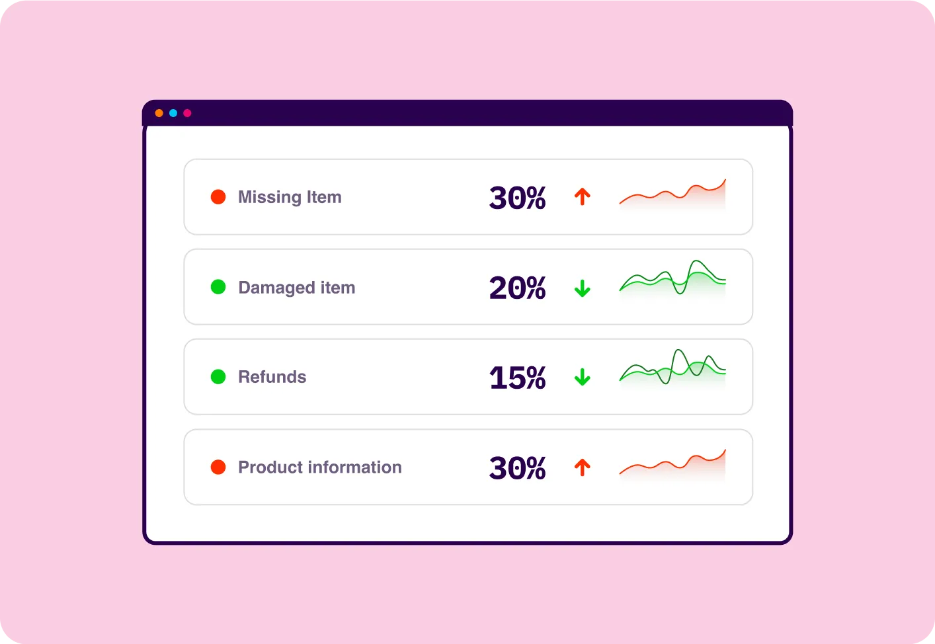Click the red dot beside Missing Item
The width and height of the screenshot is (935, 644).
(218, 197)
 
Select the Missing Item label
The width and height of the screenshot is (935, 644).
(290, 197)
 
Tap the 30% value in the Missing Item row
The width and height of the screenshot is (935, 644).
(517, 198)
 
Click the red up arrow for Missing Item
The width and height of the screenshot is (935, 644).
(582, 196)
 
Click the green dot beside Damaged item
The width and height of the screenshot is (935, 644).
(218, 287)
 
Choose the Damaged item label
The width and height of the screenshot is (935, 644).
(296, 288)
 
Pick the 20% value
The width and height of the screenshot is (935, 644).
(517, 288)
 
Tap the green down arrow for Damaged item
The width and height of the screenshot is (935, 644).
(582, 288)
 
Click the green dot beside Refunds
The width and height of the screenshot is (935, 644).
(218, 377)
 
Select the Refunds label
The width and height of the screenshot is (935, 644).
(272, 377)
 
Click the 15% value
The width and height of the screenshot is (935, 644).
(517, 378)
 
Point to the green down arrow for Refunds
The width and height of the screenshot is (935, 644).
(582, 378)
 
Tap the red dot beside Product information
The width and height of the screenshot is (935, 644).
(218, 467)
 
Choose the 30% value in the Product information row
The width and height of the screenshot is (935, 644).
(517, 468)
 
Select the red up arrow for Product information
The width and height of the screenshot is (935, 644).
(582, 467)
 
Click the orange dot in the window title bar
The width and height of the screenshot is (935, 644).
(159, 113)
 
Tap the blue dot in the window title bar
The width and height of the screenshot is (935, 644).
(173, 113)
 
